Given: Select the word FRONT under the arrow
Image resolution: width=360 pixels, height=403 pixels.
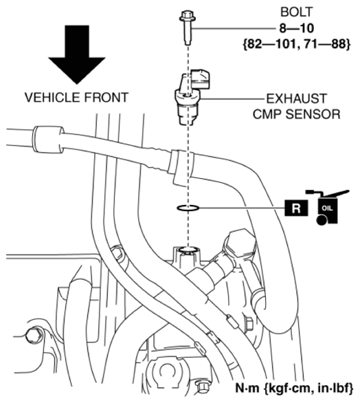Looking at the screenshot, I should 104,98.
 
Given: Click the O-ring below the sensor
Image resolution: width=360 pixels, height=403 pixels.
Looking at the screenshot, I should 188,207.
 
